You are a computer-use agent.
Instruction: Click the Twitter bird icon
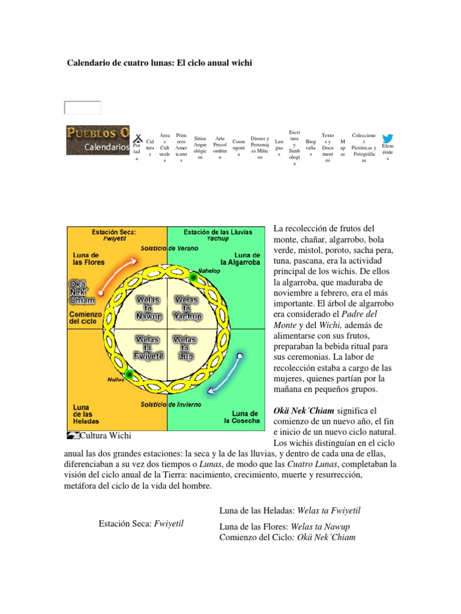tap(388, 139)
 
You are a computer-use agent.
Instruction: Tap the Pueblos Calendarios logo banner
tap(98, 140)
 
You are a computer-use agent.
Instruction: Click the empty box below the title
tap(83, 108)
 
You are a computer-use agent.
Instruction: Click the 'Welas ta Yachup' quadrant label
tap(185, 307)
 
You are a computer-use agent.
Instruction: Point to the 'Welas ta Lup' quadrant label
tap(185, 347)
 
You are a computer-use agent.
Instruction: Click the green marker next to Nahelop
tap(193, 277)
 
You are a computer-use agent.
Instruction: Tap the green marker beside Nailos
tap(128, 374)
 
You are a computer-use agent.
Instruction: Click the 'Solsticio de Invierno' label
tap(171, 405)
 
